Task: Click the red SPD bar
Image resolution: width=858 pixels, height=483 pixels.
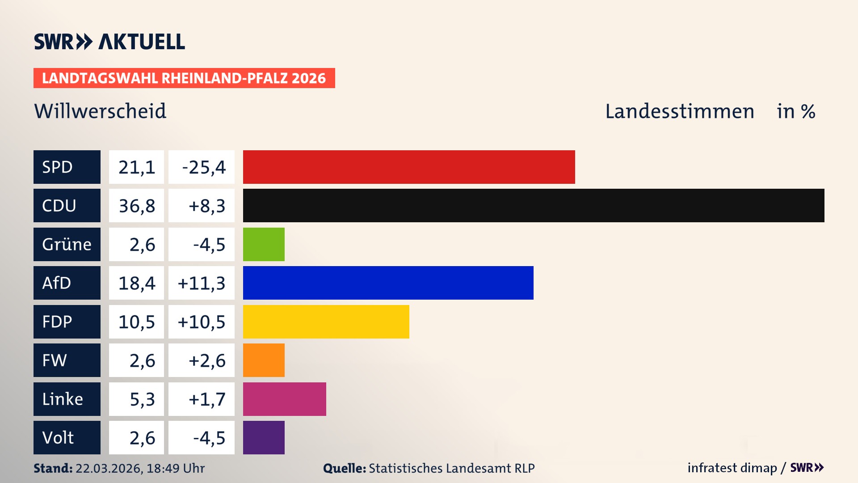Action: (409, 167)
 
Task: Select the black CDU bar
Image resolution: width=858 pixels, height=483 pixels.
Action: (534, 206)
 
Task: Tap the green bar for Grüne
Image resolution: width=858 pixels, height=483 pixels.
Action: (264, 244)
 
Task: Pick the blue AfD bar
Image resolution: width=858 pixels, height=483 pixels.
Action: (388, 283)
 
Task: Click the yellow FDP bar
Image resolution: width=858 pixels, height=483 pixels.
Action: (326, 322)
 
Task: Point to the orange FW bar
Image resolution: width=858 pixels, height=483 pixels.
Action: (264, 360)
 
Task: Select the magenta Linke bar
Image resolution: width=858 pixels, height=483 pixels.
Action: (284, 399)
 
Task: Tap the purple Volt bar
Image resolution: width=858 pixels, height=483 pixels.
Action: (264, 437)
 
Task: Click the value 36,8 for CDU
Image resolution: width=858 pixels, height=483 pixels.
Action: (137, 206)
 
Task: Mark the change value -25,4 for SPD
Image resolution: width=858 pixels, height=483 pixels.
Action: (203, 167)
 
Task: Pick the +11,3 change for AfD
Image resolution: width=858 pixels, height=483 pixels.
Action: (202, 283)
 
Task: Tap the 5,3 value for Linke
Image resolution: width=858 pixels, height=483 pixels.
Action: (142, 399)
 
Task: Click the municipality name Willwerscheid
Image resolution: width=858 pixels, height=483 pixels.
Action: (100, 111)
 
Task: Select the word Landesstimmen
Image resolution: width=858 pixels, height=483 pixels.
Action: (679, 111)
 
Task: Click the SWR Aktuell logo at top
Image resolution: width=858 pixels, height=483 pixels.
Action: (109, 42)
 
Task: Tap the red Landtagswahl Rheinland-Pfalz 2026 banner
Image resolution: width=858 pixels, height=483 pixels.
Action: (184, 78)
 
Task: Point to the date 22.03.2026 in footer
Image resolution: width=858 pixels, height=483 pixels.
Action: (109, 468)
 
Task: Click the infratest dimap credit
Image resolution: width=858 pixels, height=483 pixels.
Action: (732, 468)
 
